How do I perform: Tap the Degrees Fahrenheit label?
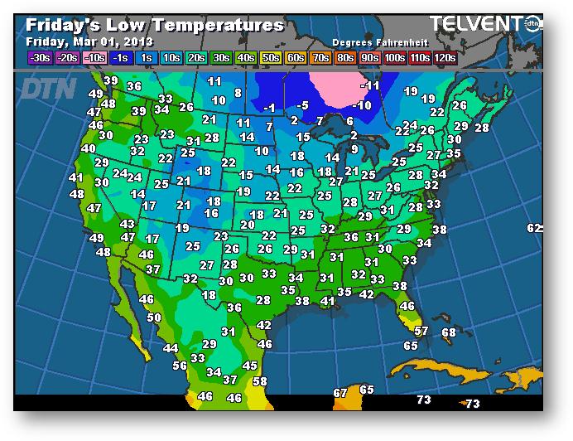(377, 41)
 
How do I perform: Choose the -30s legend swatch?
(39, 57)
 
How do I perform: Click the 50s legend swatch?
(270, 57)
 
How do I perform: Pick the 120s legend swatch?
(444, 57)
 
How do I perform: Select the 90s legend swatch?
(370, 57)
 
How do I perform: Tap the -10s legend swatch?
(95, 57)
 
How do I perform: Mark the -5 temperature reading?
(302, 105)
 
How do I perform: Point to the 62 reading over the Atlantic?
(534, 228)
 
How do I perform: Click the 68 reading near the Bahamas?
(449, 332)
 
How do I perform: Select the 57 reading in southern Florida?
(421, 331)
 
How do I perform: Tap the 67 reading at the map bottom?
(340, 393)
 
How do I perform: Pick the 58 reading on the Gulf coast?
(260, 381)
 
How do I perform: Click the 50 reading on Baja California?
(154, 317)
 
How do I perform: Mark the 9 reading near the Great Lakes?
(354, 149)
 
